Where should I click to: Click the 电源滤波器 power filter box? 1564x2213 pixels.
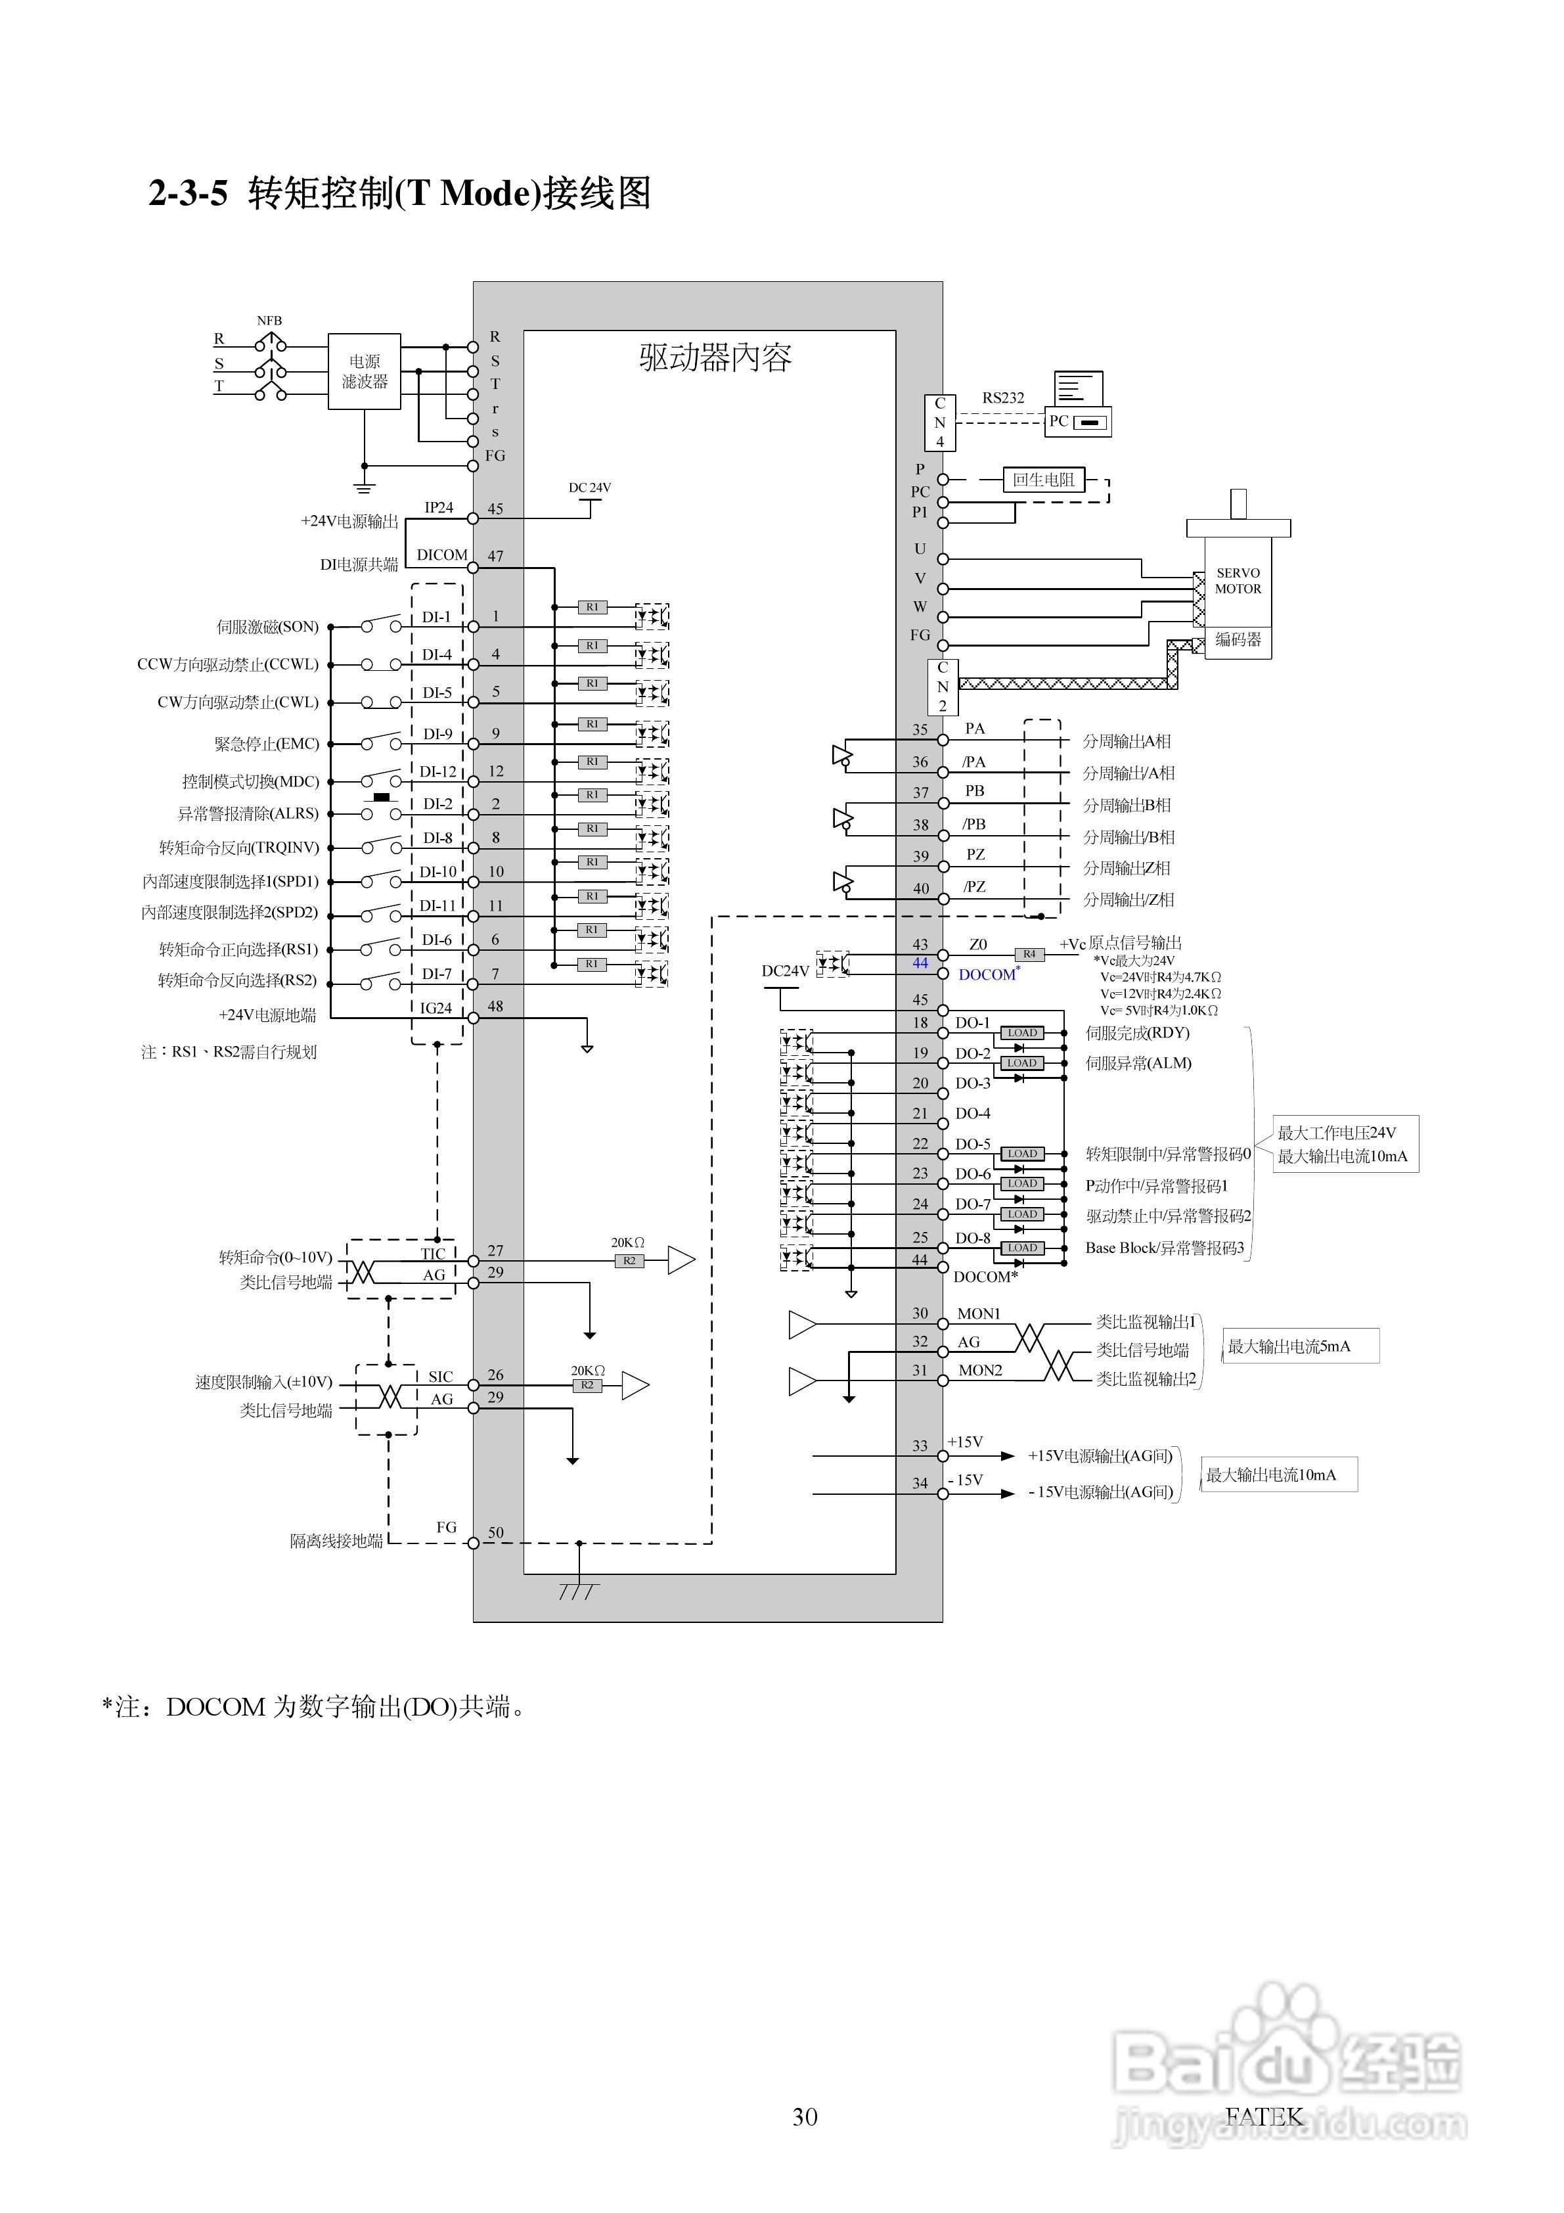(365, 371)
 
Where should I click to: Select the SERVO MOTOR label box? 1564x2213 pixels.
(1238, 582)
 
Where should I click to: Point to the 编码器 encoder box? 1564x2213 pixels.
(1238, 640)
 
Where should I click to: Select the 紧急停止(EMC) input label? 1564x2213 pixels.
(267, 744)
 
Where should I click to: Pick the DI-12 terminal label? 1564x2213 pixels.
(437, 772)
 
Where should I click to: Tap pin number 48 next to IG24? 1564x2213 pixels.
(495, 1006)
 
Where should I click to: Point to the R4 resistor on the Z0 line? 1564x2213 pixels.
(1029, 954)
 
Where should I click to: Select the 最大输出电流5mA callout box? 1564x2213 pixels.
(1300, 1346)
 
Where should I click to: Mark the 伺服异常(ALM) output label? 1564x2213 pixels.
(1138, 1063)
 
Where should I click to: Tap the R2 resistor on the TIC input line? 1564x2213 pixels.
(629, 1261)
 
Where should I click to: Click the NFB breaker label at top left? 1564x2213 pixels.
(269, 321)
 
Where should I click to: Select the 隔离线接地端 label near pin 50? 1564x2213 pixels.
(336, 1541)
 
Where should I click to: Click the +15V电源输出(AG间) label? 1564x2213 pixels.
(1100, 1456)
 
